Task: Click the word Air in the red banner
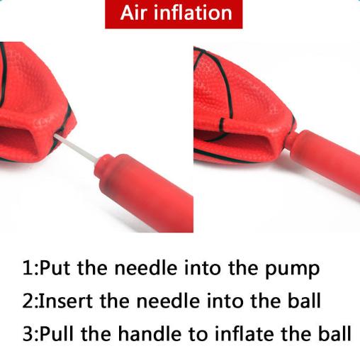[134, 13]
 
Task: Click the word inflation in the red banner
[193, 13]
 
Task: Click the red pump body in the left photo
[144, 189]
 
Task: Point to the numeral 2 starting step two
[28, 300]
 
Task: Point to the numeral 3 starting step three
[28, 333]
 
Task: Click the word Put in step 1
[55, 268]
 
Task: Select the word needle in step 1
[146, 268]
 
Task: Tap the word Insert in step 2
[66, 300]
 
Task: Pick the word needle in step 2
[168, 300]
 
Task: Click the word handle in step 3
[150, 333]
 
